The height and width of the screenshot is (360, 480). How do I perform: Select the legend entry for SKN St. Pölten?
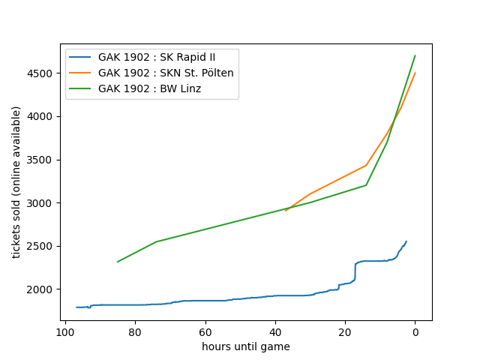click(x=166, y=73)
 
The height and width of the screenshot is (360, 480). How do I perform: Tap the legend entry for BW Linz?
click(x=149, y=88)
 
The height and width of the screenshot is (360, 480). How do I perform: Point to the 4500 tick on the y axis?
click(x=42, y=73)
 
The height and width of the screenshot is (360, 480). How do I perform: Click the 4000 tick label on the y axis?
click(x=42, y=116)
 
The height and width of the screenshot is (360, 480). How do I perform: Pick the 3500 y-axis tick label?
click(x=42, y=160)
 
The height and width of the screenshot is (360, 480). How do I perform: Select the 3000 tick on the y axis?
click(x=42, y=203)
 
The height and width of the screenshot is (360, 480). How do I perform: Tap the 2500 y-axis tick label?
click(x=42, y=246)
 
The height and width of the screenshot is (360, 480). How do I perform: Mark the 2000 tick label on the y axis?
click(x=42, y=289)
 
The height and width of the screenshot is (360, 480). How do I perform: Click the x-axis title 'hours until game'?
click(x=246, y=346)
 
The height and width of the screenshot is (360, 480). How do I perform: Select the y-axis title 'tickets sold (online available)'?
click(x=16, y=182)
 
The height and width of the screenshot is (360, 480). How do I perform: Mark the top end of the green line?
click(x=415, y=55)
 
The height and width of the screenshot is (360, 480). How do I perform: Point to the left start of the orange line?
click(x=286, y=211)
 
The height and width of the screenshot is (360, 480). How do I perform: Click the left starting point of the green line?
click(x=118, y=262)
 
